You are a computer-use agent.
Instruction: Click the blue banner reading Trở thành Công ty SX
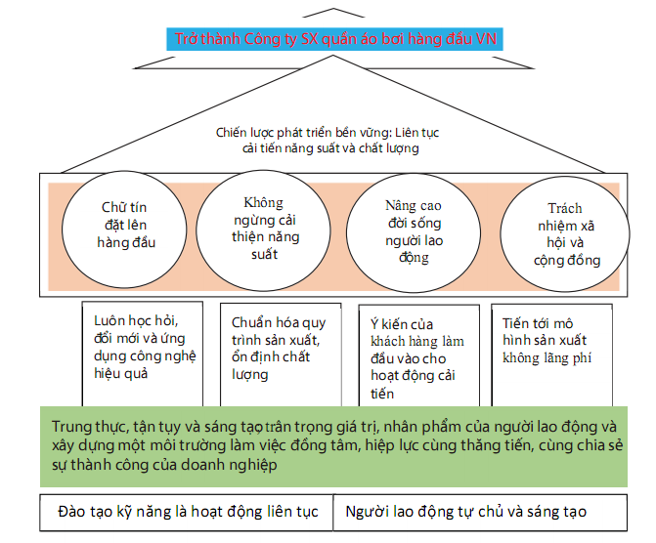coord(334,39)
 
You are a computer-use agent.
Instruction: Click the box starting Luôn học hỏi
coord(143,354)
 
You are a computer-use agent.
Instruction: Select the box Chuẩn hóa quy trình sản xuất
coord(281,355)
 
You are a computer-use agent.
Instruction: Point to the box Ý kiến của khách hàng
coord(419,355)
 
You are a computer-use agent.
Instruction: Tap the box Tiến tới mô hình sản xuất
coord(551,355)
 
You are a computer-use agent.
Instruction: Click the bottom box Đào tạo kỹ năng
coord(187,513)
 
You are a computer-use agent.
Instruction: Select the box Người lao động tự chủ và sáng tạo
coord(480,513)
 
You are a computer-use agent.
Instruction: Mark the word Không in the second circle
coord(264,203)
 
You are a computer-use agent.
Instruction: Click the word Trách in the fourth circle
coord(565,208)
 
